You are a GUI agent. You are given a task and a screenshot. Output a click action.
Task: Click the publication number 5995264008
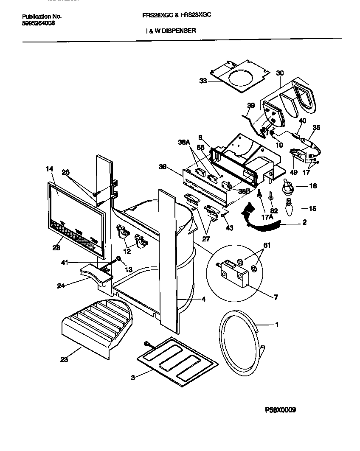point(38,23)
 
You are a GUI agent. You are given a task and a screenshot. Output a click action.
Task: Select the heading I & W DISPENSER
point(168,31)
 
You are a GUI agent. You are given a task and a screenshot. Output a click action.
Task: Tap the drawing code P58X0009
point(280,410)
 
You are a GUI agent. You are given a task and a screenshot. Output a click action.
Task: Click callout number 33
point(203,81)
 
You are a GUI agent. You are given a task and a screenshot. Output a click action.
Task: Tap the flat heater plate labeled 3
point(177,360)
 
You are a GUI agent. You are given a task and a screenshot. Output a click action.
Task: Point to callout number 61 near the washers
point(266,245)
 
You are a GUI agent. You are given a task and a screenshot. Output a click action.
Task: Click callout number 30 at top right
point(280,73)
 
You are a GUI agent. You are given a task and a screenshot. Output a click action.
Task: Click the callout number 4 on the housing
point(203,300)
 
